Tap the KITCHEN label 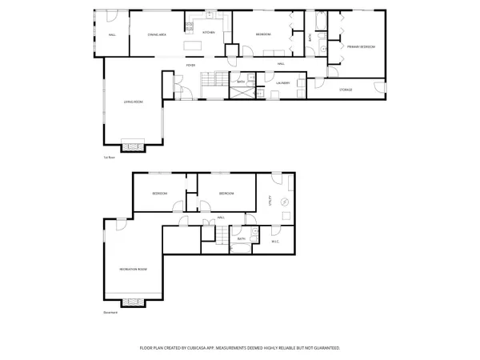[x=208, y=33]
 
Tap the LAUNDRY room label [x=282, y=82]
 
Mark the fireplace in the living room [x=133, y=146]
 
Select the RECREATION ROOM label [x=133, y=268]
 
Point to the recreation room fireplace [x=133, y=302]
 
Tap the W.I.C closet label [x=274, y=241]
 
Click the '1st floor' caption [x=110, y=158]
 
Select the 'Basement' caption [x=110, y=313]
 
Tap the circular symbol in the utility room [x=284, y=212]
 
